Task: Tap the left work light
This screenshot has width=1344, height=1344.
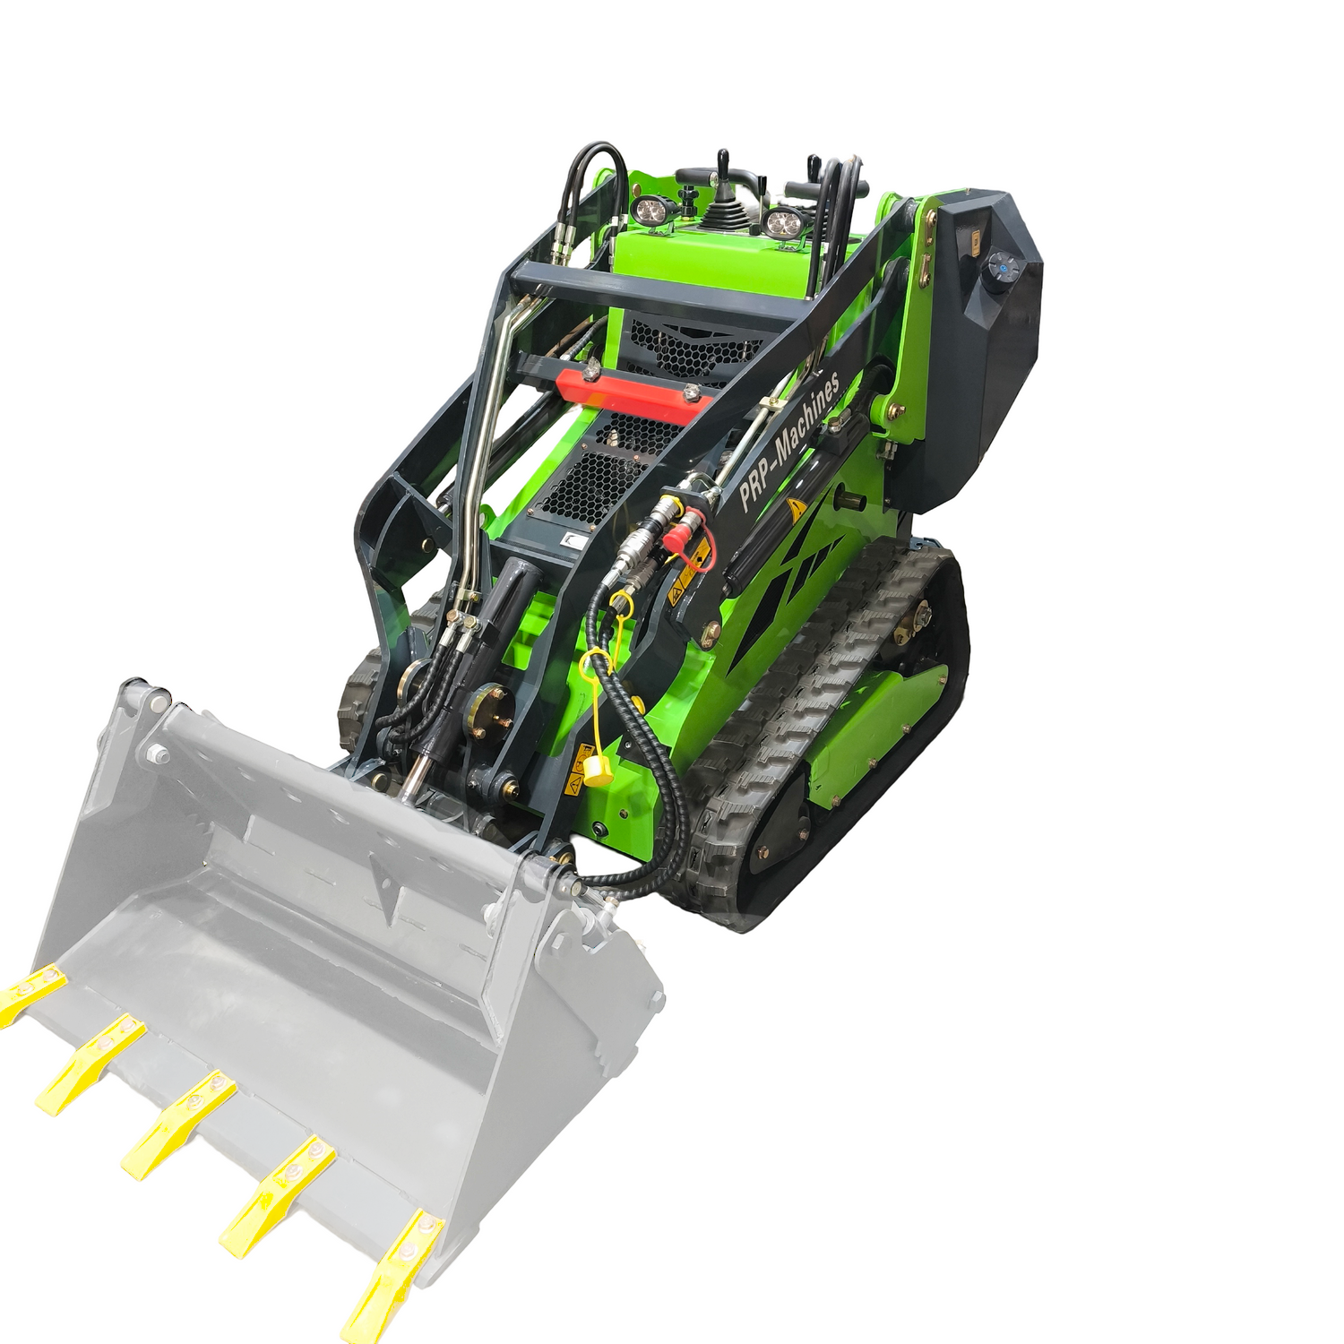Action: tap(650, 212)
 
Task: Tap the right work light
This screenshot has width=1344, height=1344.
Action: tap(784, 222)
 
